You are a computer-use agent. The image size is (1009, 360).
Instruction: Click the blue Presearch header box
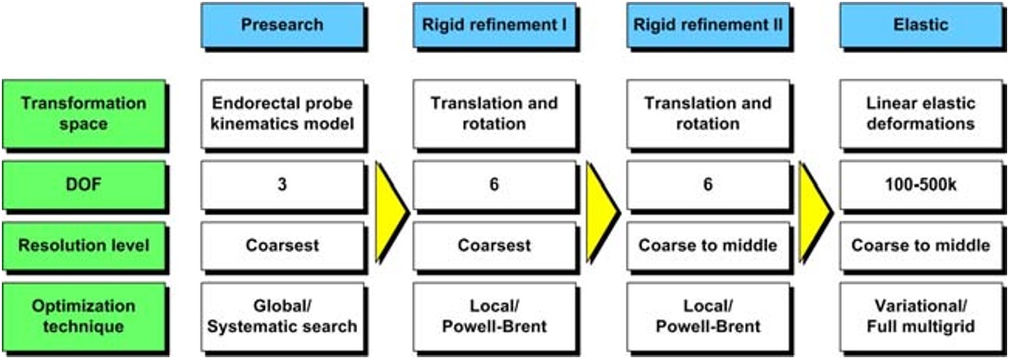coord(281,25)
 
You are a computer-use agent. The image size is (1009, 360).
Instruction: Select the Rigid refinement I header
coord(494,25)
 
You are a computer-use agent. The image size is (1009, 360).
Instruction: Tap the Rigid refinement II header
coord(708,25)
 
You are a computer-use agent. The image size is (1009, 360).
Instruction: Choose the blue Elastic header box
coord(921,25)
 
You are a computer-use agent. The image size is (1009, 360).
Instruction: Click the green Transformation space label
coord(85,113)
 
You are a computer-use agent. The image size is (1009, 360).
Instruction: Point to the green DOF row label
coord(85,185)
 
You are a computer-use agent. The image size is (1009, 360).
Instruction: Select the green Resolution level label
coord(85,246)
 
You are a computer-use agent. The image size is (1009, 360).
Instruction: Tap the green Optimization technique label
coord(85,316)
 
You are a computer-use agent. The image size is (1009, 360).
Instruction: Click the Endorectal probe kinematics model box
coord(281,113)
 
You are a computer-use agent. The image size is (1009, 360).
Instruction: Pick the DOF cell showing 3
coord(281,185)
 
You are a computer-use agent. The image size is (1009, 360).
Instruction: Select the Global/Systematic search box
coord(281,316)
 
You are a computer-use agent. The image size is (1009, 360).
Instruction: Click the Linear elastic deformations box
coord(921,113)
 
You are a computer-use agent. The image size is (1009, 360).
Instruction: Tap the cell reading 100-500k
coord(921,185)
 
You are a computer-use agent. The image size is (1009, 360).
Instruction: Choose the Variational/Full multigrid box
coord(921,316)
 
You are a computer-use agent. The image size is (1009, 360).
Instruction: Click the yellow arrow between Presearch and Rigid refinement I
coord(390,212)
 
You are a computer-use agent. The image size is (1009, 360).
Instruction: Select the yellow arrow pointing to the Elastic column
coord(815,212)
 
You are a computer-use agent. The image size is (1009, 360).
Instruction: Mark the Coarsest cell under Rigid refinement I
coord(494,246)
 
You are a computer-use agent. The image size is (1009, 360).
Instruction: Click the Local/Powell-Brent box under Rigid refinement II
coord(708,316)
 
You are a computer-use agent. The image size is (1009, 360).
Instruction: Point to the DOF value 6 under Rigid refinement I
coord(494,185)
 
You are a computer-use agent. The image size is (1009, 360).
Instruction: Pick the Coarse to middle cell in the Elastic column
coord(921,246)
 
